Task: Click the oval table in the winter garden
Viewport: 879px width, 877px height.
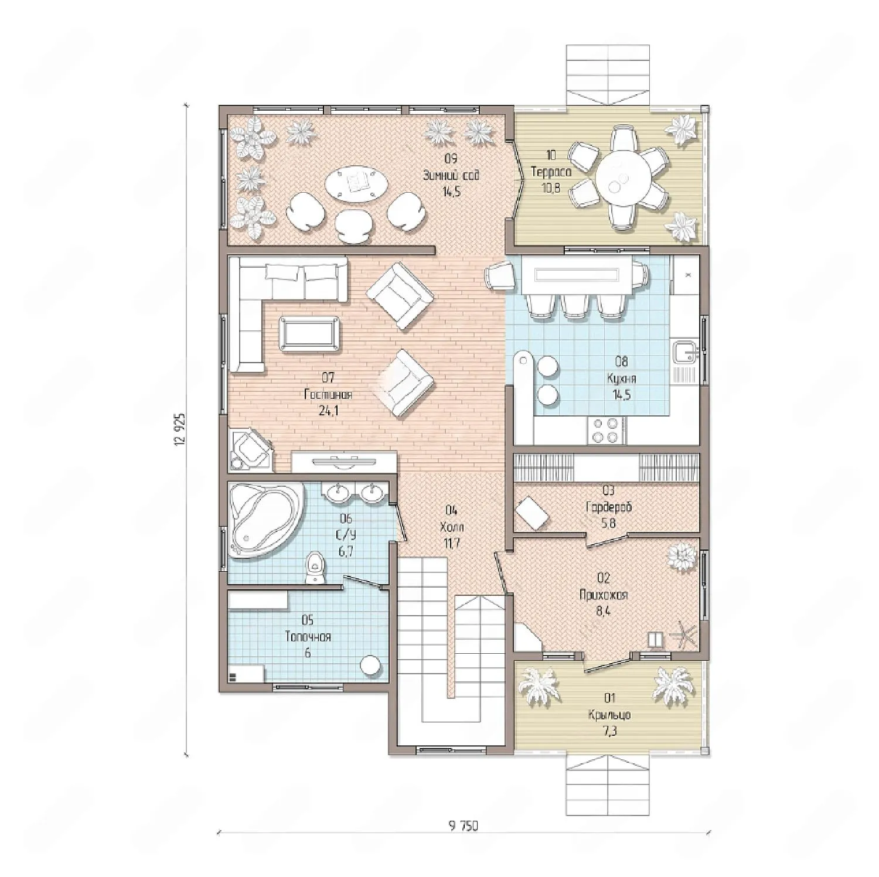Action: (x=357, y=185)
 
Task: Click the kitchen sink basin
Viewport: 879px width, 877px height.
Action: (x=683, y=353)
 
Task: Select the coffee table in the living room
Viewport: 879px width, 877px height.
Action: (x=310, y=334)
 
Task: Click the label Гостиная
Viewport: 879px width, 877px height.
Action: (x=328, y=394)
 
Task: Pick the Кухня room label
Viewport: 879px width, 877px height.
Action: (x=622, y=378)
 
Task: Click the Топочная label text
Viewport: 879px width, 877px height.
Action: (x=308, y=637)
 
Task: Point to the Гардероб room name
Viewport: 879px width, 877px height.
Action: (x=609, y=507)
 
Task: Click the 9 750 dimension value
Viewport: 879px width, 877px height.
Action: (x=464, y=826)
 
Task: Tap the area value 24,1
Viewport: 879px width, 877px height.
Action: (x=328, y=411)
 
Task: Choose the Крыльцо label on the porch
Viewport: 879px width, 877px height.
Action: (x=609, y=715)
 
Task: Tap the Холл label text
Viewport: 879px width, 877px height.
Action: (x=451, y=527)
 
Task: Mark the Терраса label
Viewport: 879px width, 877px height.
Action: (x=551, y=172)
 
